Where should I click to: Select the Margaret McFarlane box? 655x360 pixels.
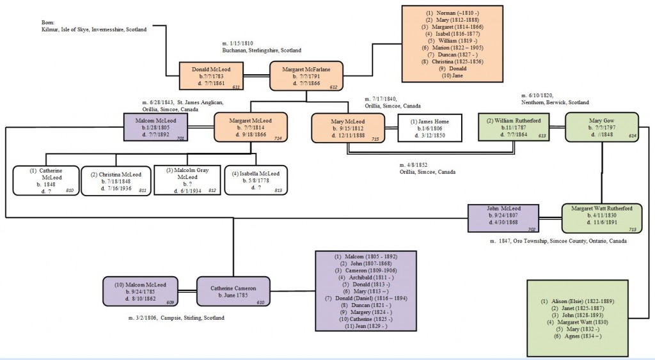[x=306, y=75]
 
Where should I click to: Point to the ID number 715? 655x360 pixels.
[x=375, y=139]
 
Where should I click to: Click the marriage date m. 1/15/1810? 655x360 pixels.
[x=238, y=43]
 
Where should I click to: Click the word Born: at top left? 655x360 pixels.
[x=48, y=22]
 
